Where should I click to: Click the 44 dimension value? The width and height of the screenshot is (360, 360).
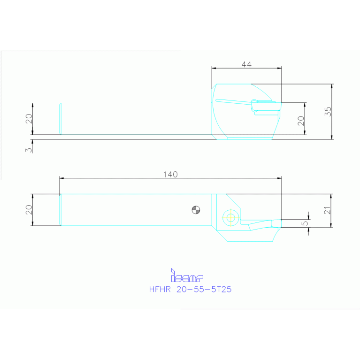[246, 65]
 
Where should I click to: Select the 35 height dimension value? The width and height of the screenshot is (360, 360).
[328, 112]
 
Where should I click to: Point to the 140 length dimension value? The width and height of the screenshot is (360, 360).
[170, 175]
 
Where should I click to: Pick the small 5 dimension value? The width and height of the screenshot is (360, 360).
[305, 224]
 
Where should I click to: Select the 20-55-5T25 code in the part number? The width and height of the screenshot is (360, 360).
[204, 290]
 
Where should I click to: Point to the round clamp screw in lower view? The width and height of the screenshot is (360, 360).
[230, 217]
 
